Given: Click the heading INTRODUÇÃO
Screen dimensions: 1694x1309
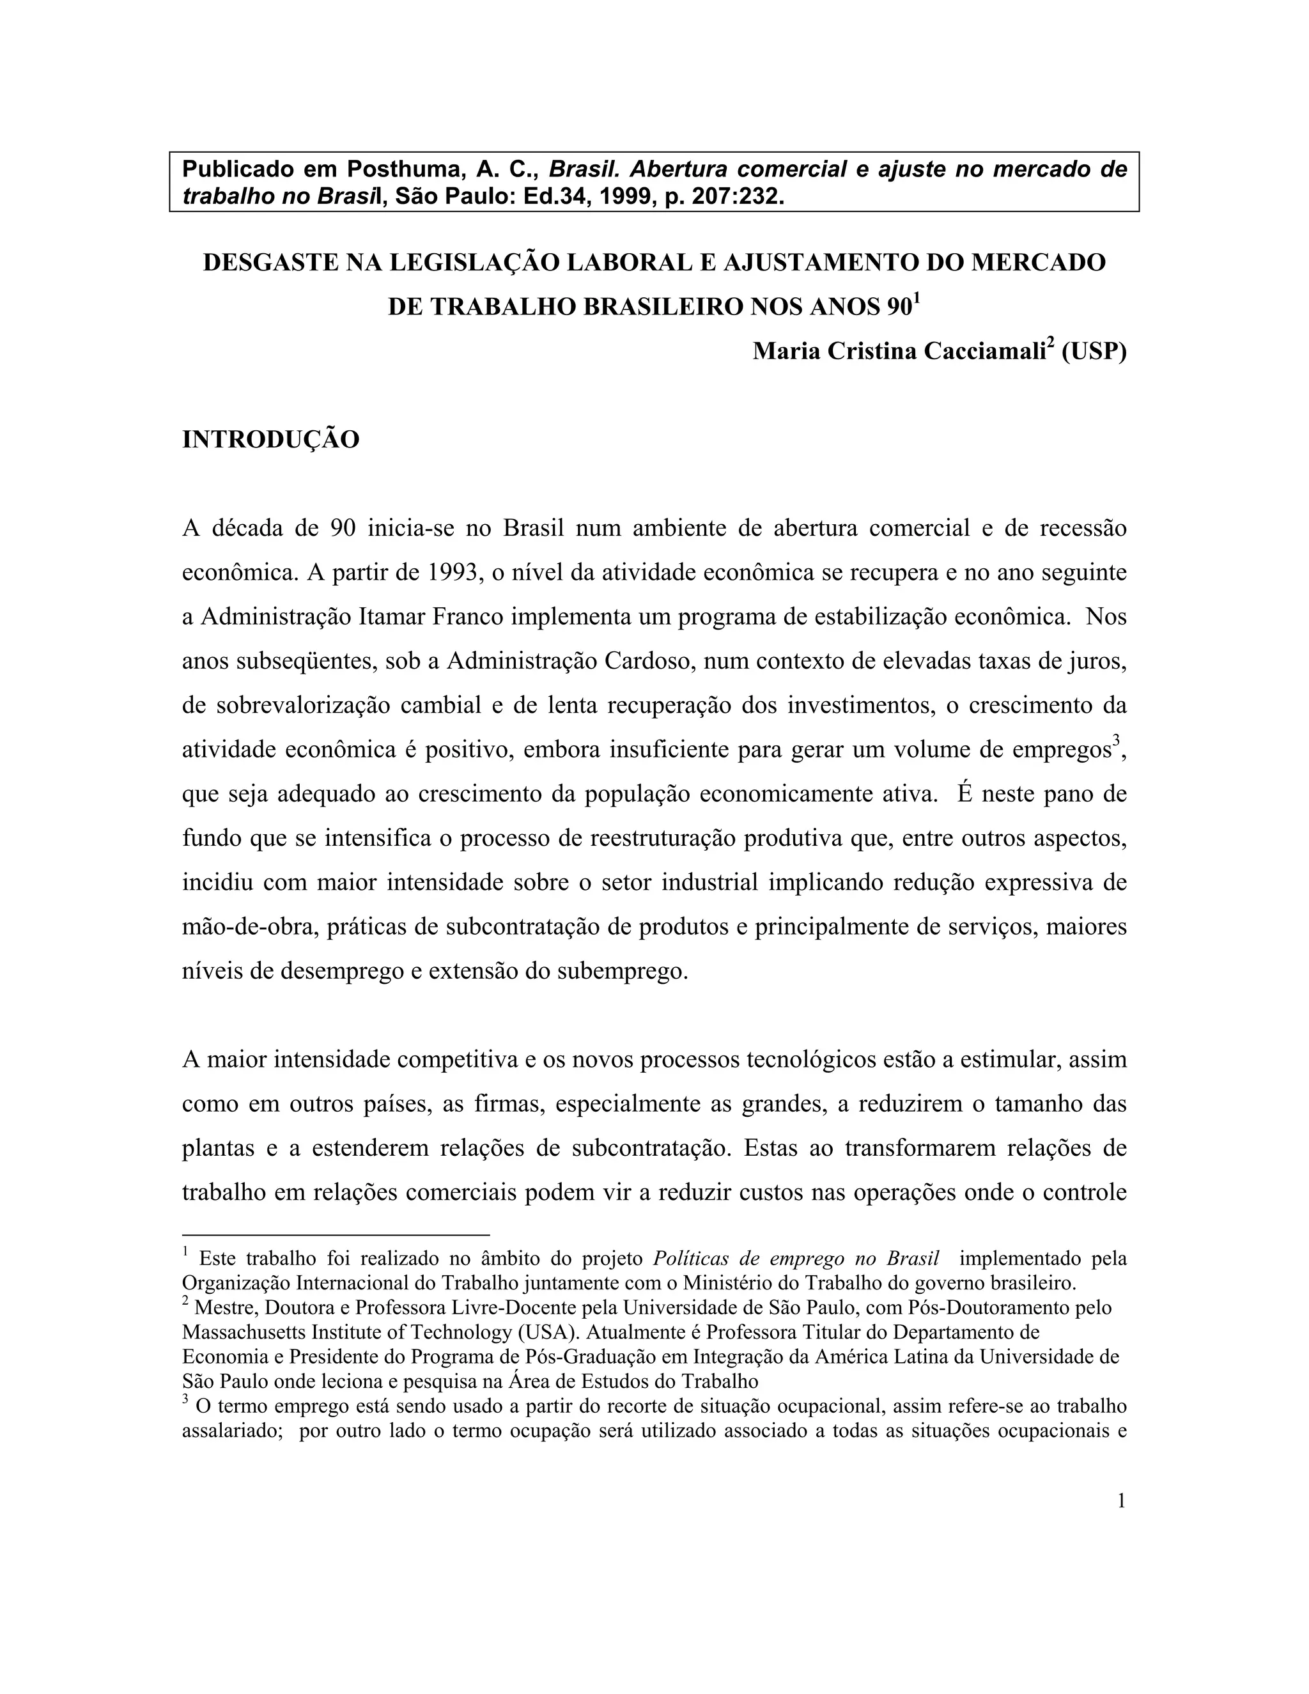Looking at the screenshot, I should click(270, 440).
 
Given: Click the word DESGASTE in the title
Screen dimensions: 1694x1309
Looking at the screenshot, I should click(270, 263).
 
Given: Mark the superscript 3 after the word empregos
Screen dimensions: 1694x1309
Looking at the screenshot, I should click(1116, 742).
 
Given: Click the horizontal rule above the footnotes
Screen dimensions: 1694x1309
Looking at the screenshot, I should click(336, 1234).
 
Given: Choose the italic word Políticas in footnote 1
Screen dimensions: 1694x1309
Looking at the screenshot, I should click(692, 1258).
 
